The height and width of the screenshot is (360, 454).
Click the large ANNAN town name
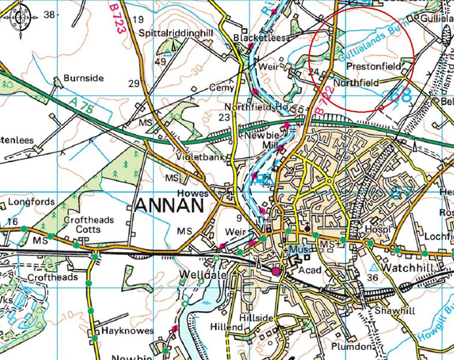pos(170,206)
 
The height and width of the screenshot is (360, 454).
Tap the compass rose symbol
pos(20,17)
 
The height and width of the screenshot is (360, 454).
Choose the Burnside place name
pos(83,78)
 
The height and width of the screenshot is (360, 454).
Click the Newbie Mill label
pos(260,140)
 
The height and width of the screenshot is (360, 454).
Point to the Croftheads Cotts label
pos(88,225)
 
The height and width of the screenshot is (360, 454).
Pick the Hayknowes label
pos(127,331)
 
